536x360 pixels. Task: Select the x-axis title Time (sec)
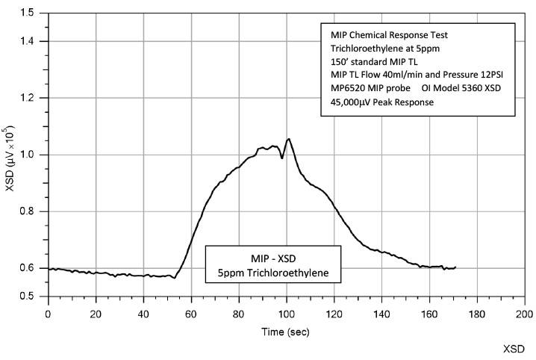(x=286, y=329)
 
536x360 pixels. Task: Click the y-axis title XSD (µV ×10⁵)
(x=10, y=155)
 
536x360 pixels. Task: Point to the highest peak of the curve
(x=288, y=138)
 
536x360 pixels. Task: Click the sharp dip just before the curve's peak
(x=282, y=158)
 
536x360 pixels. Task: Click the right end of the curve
(x=455, y=267)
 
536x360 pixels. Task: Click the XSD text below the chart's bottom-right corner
(x=514, y=349)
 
